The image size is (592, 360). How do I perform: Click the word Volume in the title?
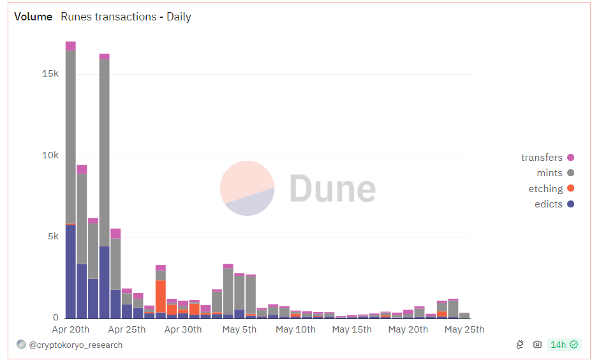click(33, 17)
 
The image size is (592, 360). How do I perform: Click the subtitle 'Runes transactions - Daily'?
click(126, 17)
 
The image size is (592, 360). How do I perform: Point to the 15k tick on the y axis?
click(50, 74)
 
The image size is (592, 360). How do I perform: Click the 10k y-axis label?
click(50, 156)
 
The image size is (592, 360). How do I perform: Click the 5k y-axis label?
click(53, 237)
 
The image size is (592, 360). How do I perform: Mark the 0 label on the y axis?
click(56, 318)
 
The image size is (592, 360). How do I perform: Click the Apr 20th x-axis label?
click(70, 330)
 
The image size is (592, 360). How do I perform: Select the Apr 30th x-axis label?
click(183, 330)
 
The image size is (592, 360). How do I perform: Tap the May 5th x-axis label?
click(239, 330)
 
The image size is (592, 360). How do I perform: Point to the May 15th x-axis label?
click(352, 330)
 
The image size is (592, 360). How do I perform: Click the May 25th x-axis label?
click(464, 330)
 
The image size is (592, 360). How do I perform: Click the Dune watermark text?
click(332, 188)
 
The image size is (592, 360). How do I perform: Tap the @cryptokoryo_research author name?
click(75, 345)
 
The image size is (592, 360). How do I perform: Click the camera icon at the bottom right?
click(537, 345)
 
